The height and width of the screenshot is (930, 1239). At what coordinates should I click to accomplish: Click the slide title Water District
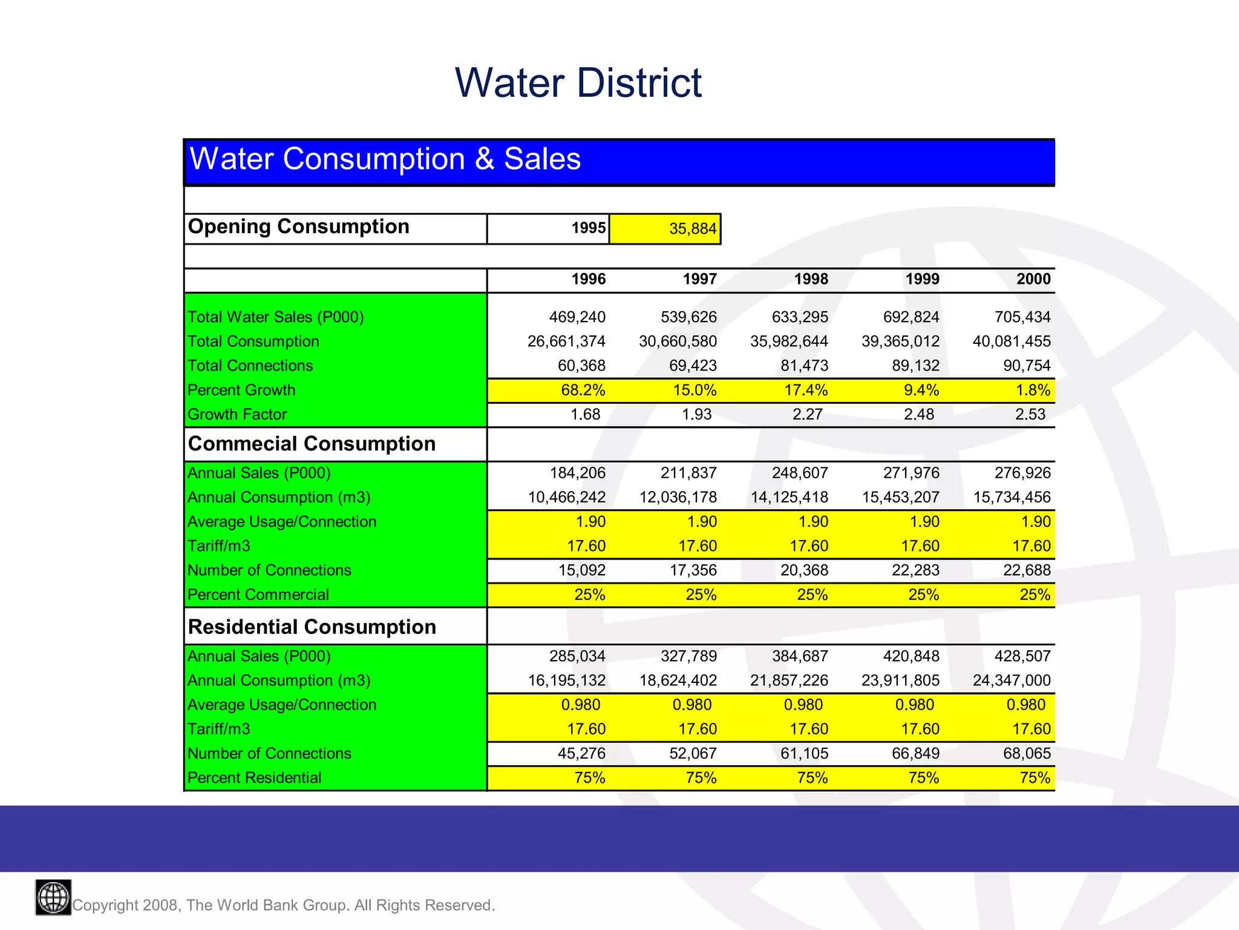click(x=578, y=83)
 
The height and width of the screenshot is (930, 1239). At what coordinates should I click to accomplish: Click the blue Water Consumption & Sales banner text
click(x=385, y=159)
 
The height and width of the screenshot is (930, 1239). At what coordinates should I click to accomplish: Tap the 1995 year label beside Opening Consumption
click(x=588, y=228)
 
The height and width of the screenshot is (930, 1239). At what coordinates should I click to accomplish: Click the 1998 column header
click(x=811, y=279)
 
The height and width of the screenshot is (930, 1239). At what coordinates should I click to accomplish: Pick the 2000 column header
click(x=1033, y=279)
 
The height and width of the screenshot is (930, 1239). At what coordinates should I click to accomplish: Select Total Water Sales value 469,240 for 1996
click(x=577, y=317)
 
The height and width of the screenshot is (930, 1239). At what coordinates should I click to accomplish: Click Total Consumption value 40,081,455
click(x=1011, y=341)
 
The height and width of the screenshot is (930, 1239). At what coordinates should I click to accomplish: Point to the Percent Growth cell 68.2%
click(x=583, y=391)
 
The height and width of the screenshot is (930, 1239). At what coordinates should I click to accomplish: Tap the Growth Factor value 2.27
click(x=807, y=415)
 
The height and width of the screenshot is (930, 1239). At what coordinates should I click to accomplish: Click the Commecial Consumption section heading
click(x=312, y=444)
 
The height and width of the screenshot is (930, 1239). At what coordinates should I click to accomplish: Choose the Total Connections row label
click(x=250, y=366)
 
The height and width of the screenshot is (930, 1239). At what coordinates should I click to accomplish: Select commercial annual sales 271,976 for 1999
click(x=910, y=473)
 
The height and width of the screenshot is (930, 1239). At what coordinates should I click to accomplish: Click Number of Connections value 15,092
click(x=581, y=570)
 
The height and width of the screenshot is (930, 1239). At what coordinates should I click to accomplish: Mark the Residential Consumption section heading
click(x=312, y=627)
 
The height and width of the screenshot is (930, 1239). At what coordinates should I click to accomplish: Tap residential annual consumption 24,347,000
click(x=1011, y=681)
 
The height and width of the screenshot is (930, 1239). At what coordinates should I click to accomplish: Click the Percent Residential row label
click(x=254, y=778)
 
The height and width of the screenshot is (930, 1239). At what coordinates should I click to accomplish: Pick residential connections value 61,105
click(x=803, y=754)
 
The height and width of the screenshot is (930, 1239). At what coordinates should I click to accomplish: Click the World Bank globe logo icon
click(x=53, y=897)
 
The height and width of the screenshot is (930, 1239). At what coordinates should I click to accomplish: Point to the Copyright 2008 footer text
click(x=283, y=905)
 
